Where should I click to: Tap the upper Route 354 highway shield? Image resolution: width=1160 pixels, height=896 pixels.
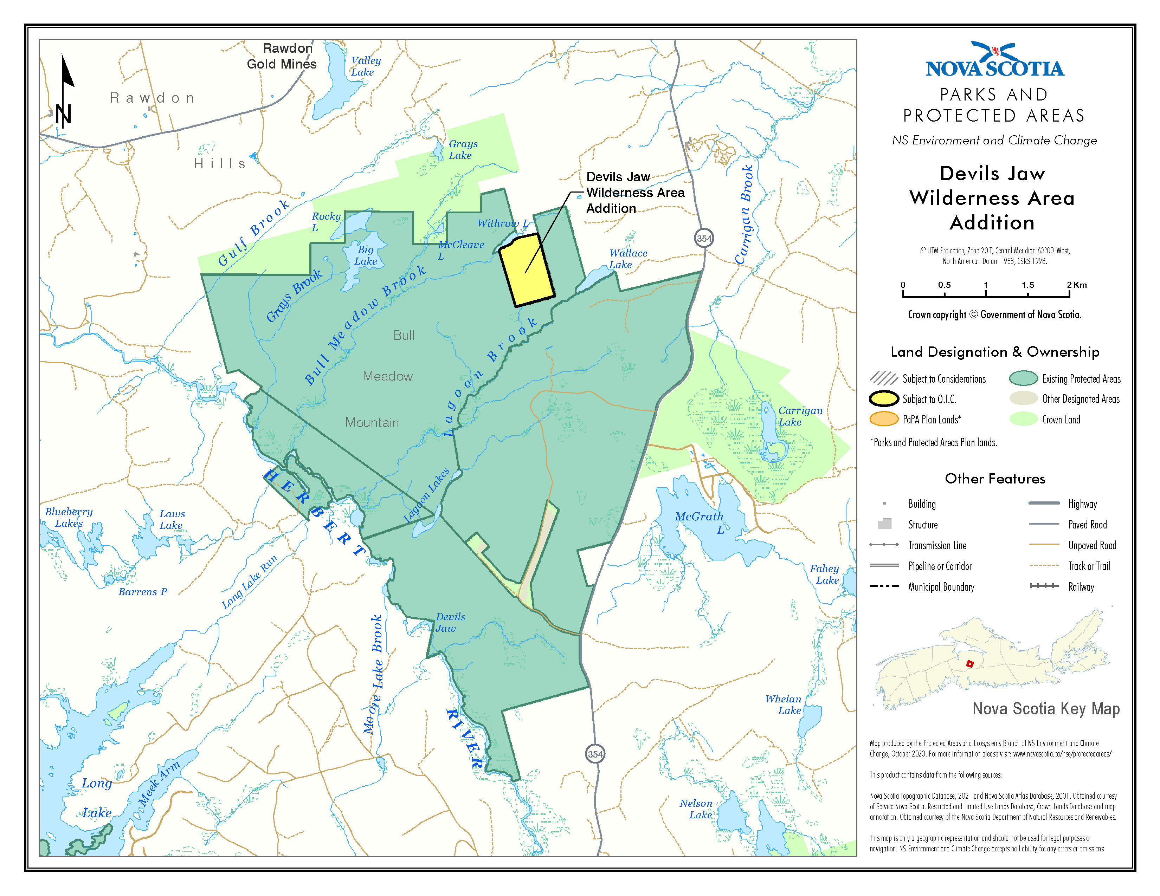704,238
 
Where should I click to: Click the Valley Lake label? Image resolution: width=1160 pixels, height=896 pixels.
366,66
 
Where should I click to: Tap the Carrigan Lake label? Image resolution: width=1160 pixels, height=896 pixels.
799,416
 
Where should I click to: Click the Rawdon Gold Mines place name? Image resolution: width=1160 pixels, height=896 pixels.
282,56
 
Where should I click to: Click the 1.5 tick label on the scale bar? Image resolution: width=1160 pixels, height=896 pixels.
1027,285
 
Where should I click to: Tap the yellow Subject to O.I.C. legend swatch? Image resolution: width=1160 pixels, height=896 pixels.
883,399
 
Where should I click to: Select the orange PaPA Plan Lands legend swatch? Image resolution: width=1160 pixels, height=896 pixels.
883,419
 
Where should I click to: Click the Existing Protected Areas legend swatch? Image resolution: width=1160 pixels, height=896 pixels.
1023,378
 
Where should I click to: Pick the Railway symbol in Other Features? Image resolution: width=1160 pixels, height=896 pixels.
1043,586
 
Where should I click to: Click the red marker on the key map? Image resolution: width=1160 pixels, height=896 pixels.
969,663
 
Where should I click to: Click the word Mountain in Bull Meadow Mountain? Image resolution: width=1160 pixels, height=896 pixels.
372,422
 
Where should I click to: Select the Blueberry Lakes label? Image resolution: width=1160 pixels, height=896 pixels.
69,517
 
